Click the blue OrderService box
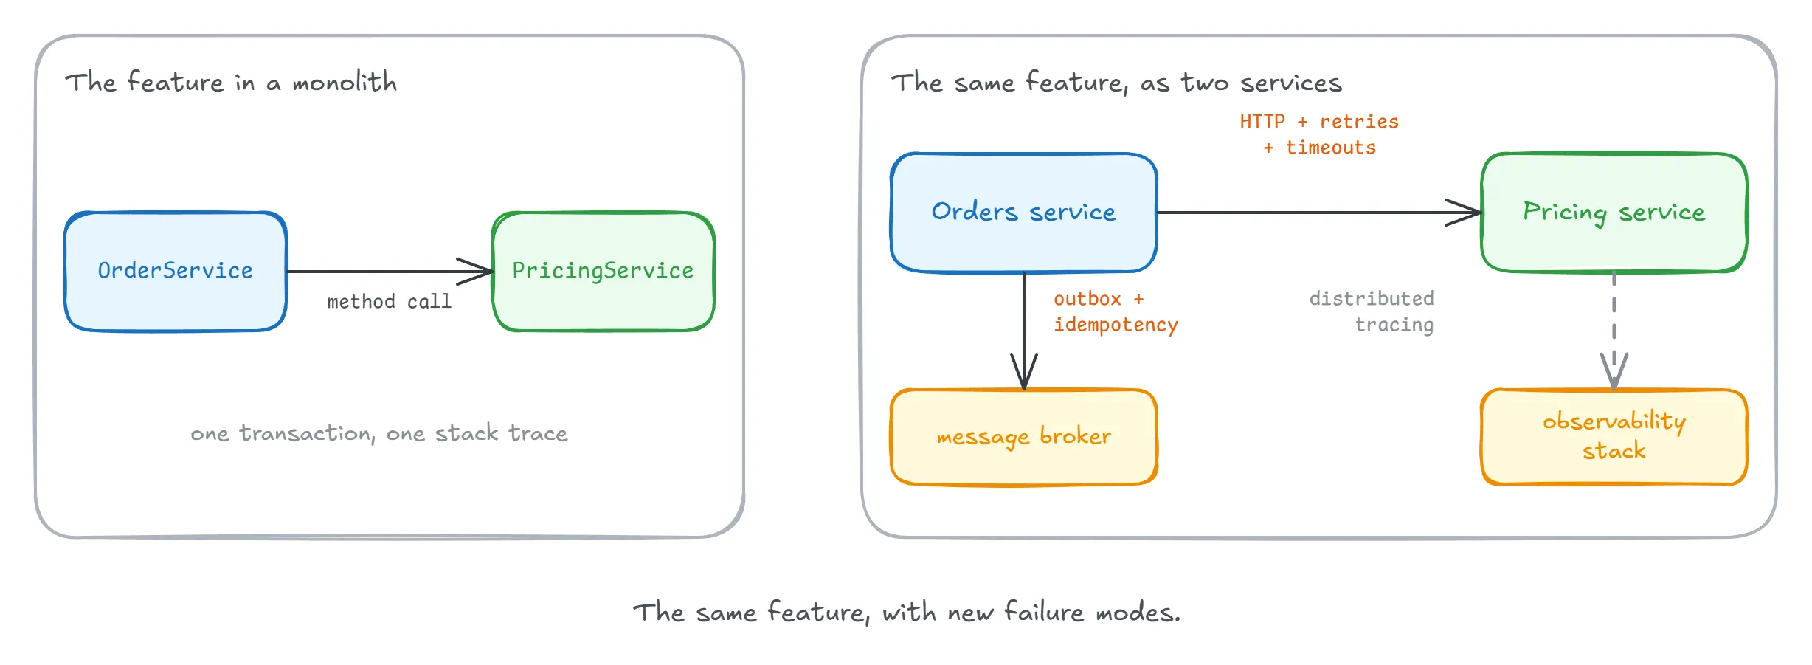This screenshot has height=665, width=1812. click(176, 271)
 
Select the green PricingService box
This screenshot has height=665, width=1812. click(604, 271)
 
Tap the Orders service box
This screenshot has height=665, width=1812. click(1024, 213)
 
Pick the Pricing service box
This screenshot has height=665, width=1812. click(1614, 213)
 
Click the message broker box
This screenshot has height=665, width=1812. click(1024, 437)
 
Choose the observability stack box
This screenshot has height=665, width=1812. click(1614, 437)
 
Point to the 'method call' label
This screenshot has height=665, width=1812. click(389, 302)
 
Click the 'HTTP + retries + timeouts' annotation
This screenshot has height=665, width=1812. click(1319, 134)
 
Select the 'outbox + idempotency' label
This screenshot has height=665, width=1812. click(1116, 312)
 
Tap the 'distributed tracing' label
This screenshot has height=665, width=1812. click(1372, 311)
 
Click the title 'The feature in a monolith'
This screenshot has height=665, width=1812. click(231, 82)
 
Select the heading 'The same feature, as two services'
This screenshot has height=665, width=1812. click(1116, 83)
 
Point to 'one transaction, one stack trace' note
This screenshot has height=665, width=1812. click(379, 433)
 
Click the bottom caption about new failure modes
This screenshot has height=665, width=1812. click(907, 612)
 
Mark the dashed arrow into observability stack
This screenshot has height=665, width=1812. click(1614, 331)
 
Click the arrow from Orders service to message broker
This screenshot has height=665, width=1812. click(1024, 331)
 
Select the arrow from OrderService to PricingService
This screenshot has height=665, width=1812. click(390, 272)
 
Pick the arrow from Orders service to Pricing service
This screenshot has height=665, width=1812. click(1319, 213)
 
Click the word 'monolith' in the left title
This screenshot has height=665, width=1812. click(345, 82)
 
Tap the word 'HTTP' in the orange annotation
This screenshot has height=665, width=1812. click(1262, 122)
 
